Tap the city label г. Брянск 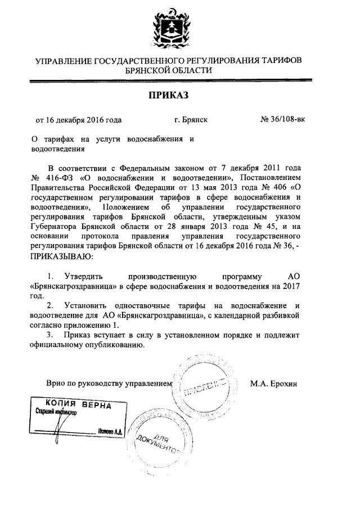point(191,119)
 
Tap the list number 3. point(50,336)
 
